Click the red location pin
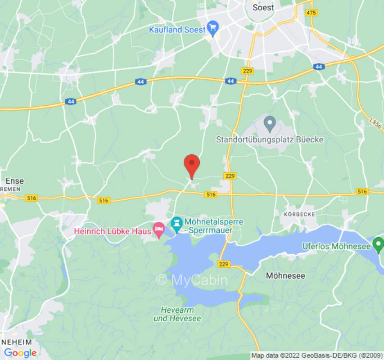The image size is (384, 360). (x=192, y=165)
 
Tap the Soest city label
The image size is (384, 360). (x=263, y=8)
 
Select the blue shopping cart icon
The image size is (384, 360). (x=213, y=29)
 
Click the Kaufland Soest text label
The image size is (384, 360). (x=177, y=30)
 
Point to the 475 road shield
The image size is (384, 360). (x=311, y=13)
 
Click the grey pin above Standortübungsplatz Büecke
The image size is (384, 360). (x=270, y=123)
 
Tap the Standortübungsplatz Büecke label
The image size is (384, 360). (x=270, y=139)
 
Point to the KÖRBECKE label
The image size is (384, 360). (x=299, y=214)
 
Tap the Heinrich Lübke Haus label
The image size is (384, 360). (x=113, y=231)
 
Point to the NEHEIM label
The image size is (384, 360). (x=17, y=342)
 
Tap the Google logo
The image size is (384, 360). (x=20, y=353)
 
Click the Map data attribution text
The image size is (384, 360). (x=317, y=355)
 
